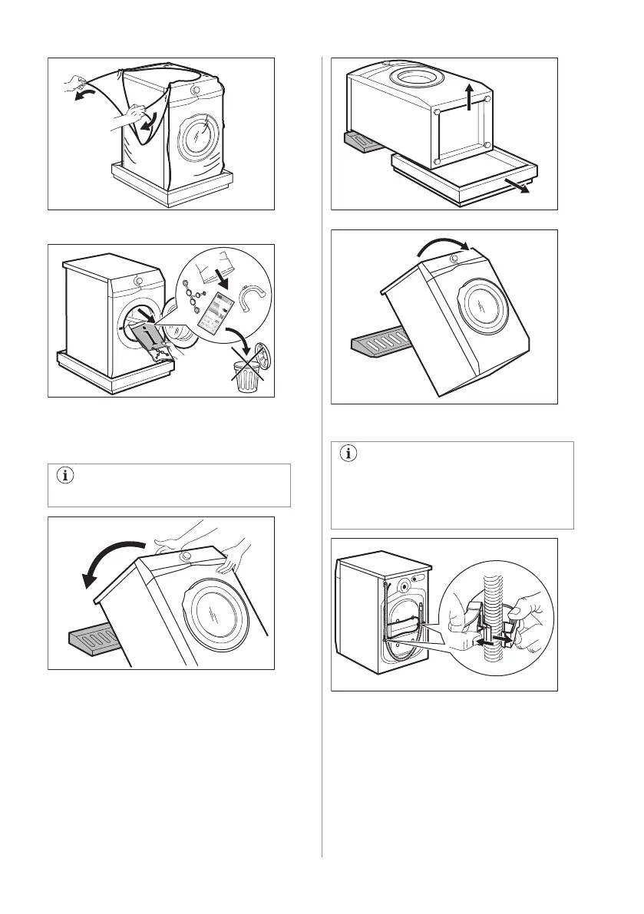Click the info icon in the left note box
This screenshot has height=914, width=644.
(x=64, y=476)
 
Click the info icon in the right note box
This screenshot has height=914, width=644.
(x=347, y=454)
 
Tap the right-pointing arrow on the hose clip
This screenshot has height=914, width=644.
(x=503, y=637)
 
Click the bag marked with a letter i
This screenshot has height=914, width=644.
(x=148, y=335)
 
